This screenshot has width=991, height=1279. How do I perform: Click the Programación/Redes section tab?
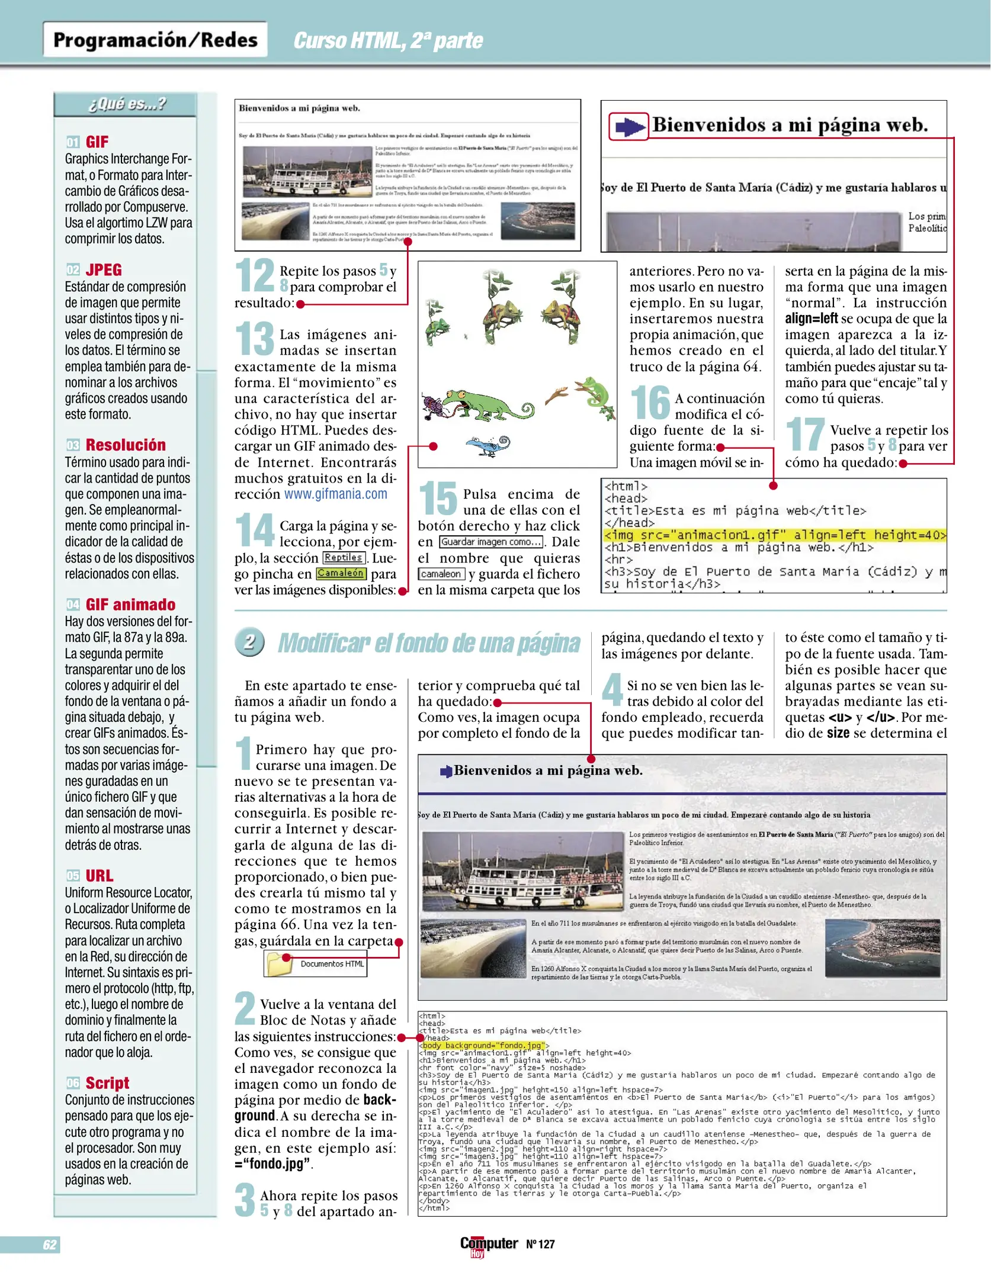pyautogui.click(x=155, y=40)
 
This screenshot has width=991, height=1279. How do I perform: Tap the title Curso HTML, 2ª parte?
pyautogui.click(x=388, y=41)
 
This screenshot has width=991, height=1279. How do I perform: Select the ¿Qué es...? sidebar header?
pyautogui.click(x=126, y=104)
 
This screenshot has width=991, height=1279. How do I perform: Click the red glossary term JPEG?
pyautogui.click(x=104, y=270)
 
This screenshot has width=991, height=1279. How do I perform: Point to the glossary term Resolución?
pyautogui.click(x=126, y=445)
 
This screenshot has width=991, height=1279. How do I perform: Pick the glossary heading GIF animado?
pyautogui.click(x=130, y=605)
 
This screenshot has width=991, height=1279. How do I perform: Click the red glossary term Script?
pyautogui.click(x=107, y=1083)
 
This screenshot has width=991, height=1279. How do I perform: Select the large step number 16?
pyautogui.click(x=650, y=403)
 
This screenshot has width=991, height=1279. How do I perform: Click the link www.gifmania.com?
pyautogui.click(x=335, y=494)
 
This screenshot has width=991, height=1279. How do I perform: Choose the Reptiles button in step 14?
pyautogui.click(x=343, y=558)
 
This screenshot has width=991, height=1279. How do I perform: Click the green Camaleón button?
pyautogui.click(x=341, y=573)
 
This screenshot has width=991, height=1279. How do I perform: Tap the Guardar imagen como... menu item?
pyautogui.click(x=491, y=542)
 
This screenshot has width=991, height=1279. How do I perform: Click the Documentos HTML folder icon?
pyautogui.click(x=280, y=964)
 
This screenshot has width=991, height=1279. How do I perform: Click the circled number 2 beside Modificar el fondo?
pyautogui.click(x=250, y=642)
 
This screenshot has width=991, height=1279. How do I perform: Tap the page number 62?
pyautogui.click(x=50, y=1244)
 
